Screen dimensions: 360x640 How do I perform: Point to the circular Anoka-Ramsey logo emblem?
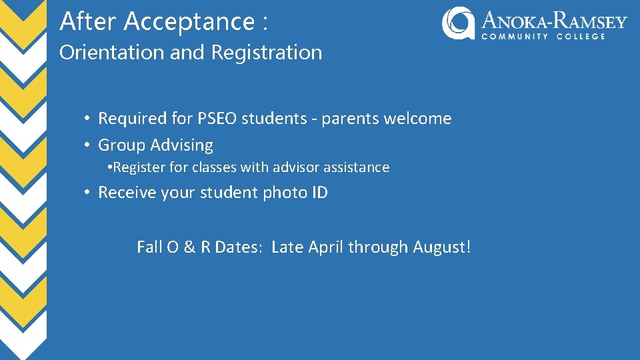pos(458,23)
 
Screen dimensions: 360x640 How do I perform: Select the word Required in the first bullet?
pos(132,119)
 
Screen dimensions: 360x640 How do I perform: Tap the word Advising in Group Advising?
pos(182,145)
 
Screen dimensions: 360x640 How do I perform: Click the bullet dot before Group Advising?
pos(87,145)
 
